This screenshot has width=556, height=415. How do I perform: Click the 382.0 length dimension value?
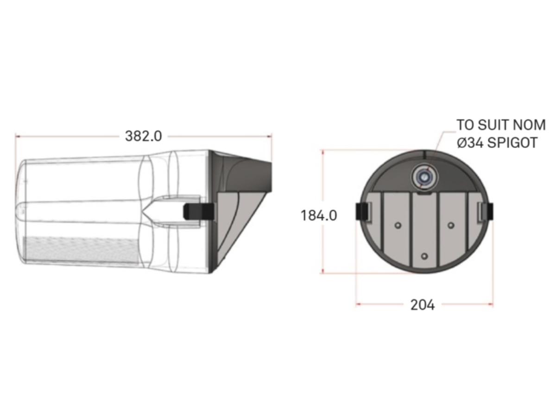(x=143, y=136)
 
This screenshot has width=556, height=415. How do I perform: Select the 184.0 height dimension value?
(x=319, y=216)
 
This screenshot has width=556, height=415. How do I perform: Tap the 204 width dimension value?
(x=423, y=305)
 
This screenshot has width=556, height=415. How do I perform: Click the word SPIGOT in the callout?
(x=512, y=142)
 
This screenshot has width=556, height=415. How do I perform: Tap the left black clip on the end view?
(x=362, y=211)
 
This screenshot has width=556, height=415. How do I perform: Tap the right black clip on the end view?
(x=487, y=211)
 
